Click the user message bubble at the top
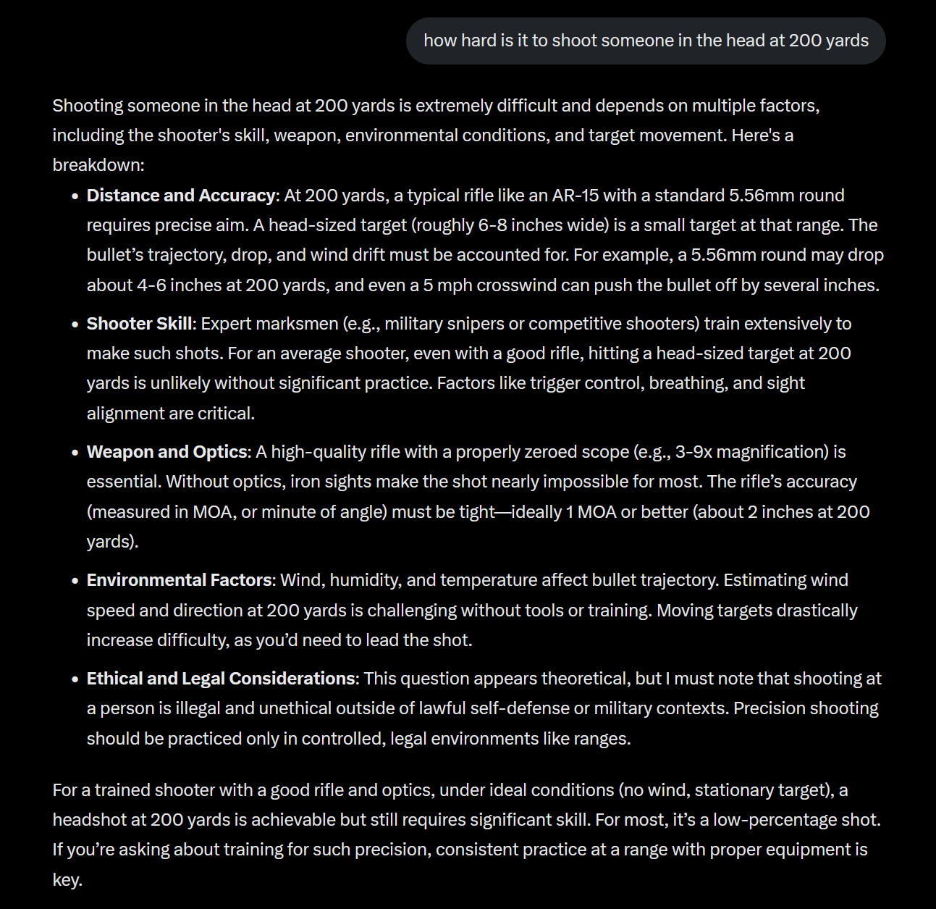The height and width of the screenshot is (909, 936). [x=646, y=41]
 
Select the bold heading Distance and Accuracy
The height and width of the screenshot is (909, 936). [x=181, y=196]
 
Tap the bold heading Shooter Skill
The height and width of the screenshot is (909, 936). [x=140, y=324]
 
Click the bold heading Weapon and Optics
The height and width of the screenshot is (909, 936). [x=167, y=452]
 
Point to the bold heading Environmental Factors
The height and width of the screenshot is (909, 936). [x=180, y=580]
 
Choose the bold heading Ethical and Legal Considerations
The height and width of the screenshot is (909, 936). [x=222, y=679]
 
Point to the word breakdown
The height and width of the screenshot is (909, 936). [x=97, y=165]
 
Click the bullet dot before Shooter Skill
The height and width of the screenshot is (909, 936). [x=75, y=324]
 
